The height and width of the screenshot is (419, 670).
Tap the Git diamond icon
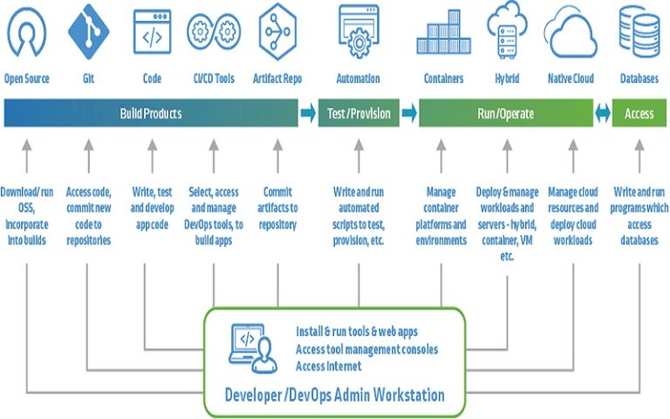pyautogui.click(x=89, y=31)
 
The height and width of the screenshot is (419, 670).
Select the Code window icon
pyautogui.click(x=152, y=32)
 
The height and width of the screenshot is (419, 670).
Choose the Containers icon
pyautogui.click(x=443, y=33)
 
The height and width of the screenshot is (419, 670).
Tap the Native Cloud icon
pyautogui.click(x=571, y=33)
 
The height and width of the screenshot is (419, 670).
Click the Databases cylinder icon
pyautogui.click(x=639, y=31)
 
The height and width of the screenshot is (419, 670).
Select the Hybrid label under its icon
pyautogui.click(x=507, y=79)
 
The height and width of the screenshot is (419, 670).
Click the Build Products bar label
pyautogui.click(x=151, y=113)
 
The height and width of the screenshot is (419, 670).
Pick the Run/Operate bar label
pyautogui.click(x=505, y=113)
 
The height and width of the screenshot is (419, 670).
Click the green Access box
pyautogui.click(x=639, y=113)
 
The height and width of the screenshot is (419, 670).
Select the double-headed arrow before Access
pyautogui.click(x=602, y=113)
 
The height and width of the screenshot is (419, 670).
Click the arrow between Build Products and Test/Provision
pyautogui.click(x=307, y=113)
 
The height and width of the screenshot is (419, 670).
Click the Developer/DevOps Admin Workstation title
pyautogui.click(x=335, y=395)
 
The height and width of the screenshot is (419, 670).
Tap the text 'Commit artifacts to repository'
pyautogui.click(x=277, y=208)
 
